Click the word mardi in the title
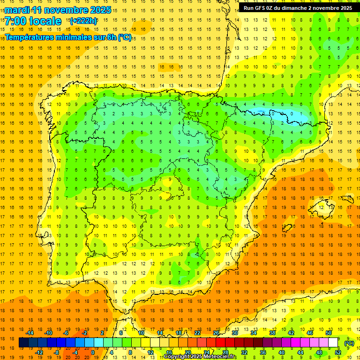(17, 10)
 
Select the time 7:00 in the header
(15, 21)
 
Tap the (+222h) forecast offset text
(83, 21)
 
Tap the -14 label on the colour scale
(30, 333)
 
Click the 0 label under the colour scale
(92, 352)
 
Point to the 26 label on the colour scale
(216, 333)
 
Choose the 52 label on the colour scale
(338, 352)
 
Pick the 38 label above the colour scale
(272, 333)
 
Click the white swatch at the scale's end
(333, 343)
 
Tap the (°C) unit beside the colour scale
(349, 343)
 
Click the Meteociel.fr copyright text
(200, 357)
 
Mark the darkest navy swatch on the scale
(23, 343)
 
